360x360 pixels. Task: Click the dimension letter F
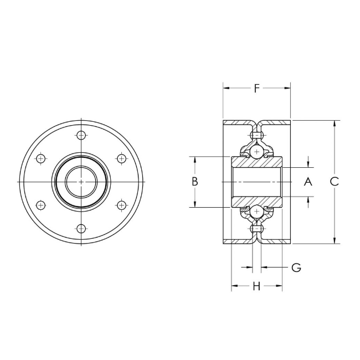click(256, 88)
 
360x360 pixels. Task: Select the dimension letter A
click(308, 182)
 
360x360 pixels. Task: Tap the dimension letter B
click(195, 182)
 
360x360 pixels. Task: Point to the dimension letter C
click(334, 182)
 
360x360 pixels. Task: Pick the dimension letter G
click(296, 268)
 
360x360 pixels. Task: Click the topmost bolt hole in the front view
click(81, 136)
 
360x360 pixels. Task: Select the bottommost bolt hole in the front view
click(81, 228)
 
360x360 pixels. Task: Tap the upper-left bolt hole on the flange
click(40, 159)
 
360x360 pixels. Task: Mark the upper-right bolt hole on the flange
click(122, 159)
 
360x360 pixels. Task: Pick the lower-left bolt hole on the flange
click(40, 205)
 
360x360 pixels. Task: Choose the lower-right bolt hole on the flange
click(122, 205)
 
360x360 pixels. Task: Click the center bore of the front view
click(81, 182)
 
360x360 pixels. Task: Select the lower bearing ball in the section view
click(256, 212)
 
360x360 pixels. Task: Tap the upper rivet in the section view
click(256, 135)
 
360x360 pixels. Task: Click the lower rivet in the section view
click(256, 228)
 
